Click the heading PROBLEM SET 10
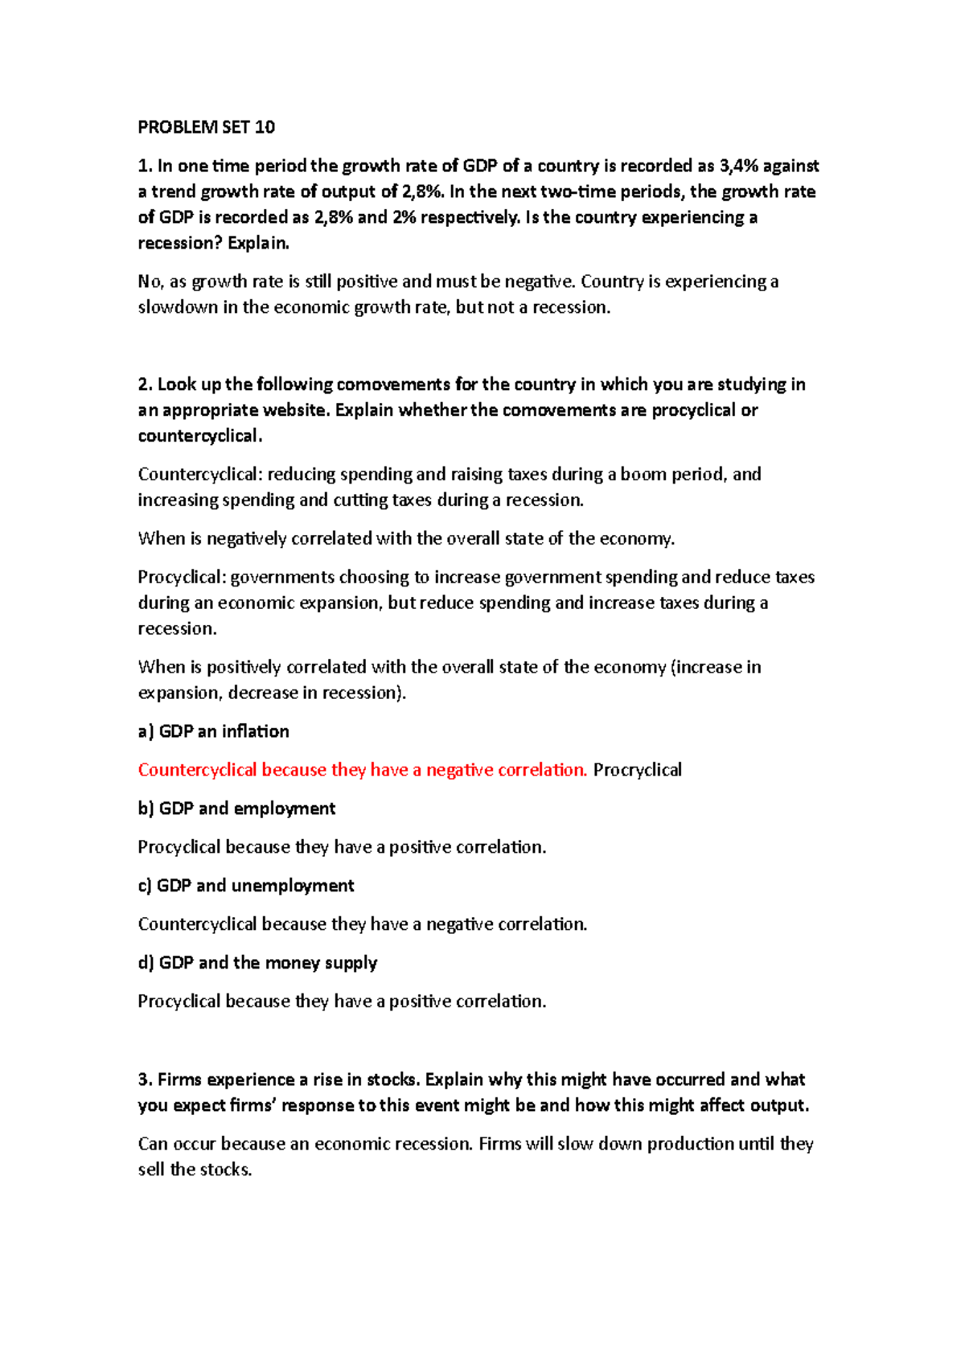[206, 127]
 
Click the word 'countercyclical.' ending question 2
[200, 436]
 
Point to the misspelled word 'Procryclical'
[637, 770]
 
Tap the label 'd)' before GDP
[146, 963]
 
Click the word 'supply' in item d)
[351, 963]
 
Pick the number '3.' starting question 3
[145, 1080]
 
